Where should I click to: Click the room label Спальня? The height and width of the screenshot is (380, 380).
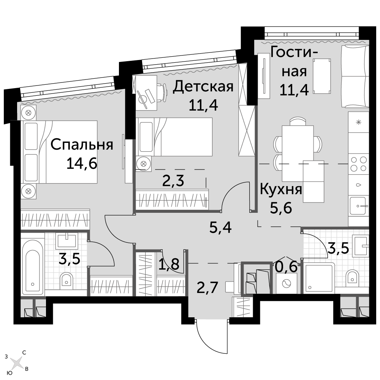pos(82,145)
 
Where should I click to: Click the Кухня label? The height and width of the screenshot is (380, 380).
pos(281,190)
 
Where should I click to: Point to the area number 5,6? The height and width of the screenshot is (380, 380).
pos(281,208)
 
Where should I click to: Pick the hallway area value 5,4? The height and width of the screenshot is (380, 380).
pos(220,227)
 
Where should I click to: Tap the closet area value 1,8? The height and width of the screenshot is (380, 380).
pos(169,264)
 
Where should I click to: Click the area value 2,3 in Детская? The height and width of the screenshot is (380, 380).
pos(173,180)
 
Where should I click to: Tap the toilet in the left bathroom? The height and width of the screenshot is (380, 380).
pos(66,280)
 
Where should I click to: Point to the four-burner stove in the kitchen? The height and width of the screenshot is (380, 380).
pos(359,164)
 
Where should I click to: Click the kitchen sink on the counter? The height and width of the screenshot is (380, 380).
pos(359,206)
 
